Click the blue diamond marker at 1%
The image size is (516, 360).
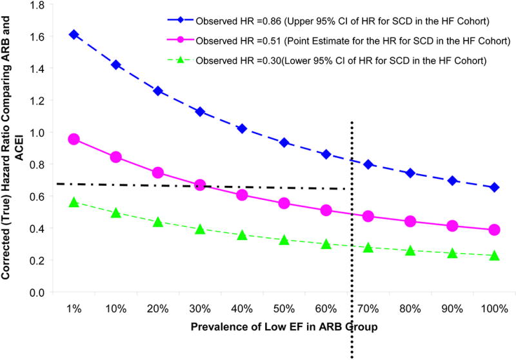coord(74,34)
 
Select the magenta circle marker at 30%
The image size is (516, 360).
coord(200,185)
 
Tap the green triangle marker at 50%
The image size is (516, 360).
coord(284,240)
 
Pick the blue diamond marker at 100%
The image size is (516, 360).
coord(494,187)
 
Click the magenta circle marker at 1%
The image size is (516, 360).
coord(74,139)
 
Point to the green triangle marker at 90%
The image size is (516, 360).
coord(452,253)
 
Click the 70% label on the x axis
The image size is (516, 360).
coord(368,308)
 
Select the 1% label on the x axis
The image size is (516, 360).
coord(74,308)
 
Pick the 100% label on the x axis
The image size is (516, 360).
coord(494,308)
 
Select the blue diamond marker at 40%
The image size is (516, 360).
coord(242,128)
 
